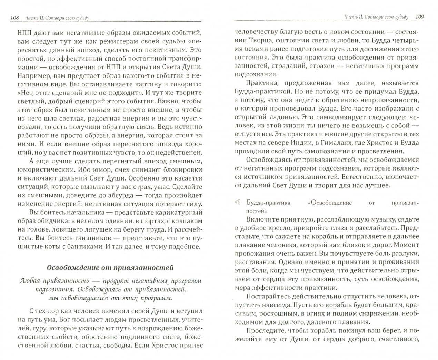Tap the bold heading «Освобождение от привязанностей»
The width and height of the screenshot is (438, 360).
pyautogui.click(x=110, y=267)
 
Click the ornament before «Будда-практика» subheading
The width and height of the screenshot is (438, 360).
pyautogui.click(x=237, y=203)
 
